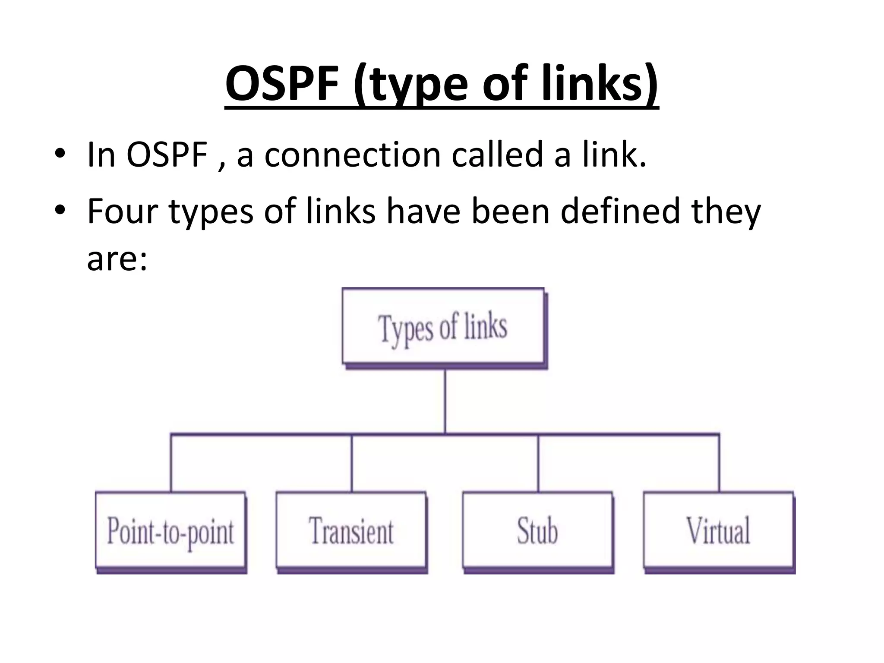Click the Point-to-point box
(x=170, y=530)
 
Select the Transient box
(x=351, y=530)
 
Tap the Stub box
(x=537, y=530)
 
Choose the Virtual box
(x=718, y=530)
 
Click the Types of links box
(x=443, y=326)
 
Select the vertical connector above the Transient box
(x=351, y=463)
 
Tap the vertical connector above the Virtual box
(x=719, y=463)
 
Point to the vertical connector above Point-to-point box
(x=171, y=463)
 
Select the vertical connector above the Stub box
(x=538, y=463)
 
